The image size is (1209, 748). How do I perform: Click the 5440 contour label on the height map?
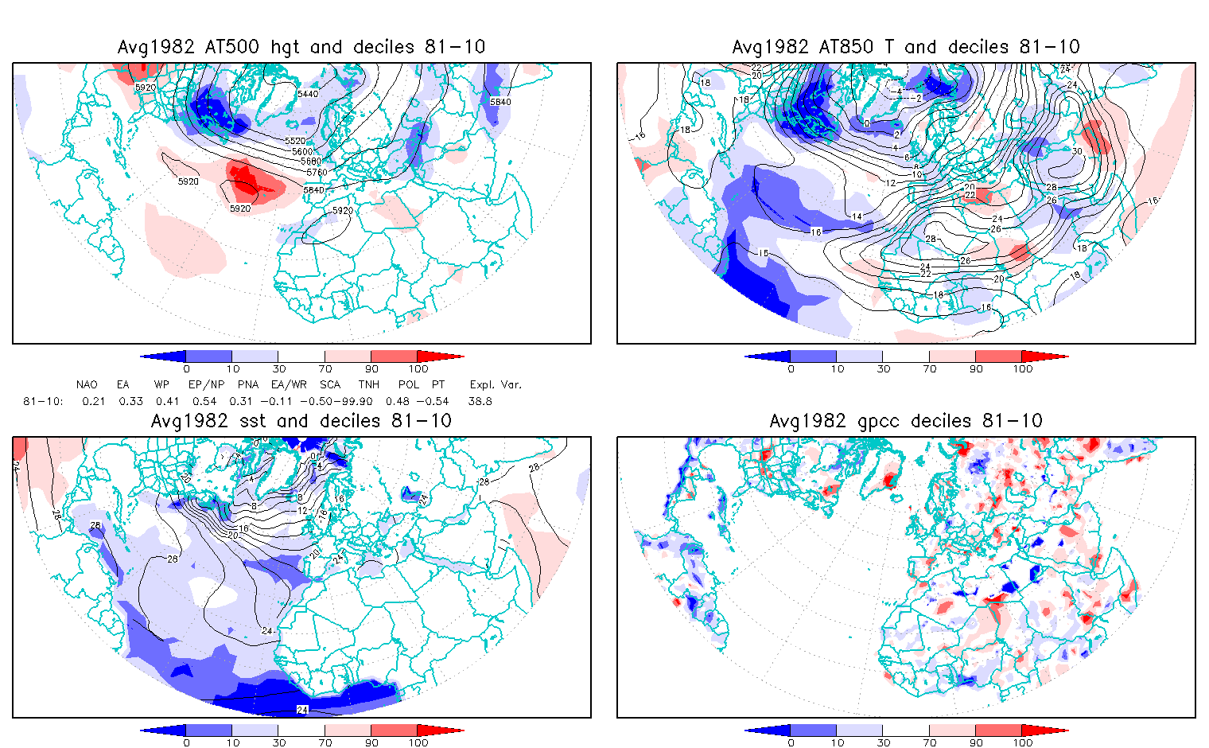tap(308, 94)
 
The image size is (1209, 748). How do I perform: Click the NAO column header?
tap(87, 384)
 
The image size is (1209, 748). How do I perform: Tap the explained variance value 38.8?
tap(480, 401)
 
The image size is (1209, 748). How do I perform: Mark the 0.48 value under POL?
tap(398, 401)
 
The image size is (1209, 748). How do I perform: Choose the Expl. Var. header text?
tap(496, 384)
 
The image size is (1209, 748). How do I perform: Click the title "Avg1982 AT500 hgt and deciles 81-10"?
tap(301, 47)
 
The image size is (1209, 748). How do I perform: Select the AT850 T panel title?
tap(906, 47)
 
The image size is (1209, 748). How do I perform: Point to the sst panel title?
tap(301, 421)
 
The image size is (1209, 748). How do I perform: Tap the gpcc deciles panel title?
tap(906, 421)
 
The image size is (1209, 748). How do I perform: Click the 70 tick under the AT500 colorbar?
tap(325, 368)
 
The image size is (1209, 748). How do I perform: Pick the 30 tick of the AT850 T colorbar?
tap(884, 368)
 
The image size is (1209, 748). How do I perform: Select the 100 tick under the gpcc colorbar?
tap(1022, 742)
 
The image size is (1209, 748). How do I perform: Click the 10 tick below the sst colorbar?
tap(232, 742)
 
